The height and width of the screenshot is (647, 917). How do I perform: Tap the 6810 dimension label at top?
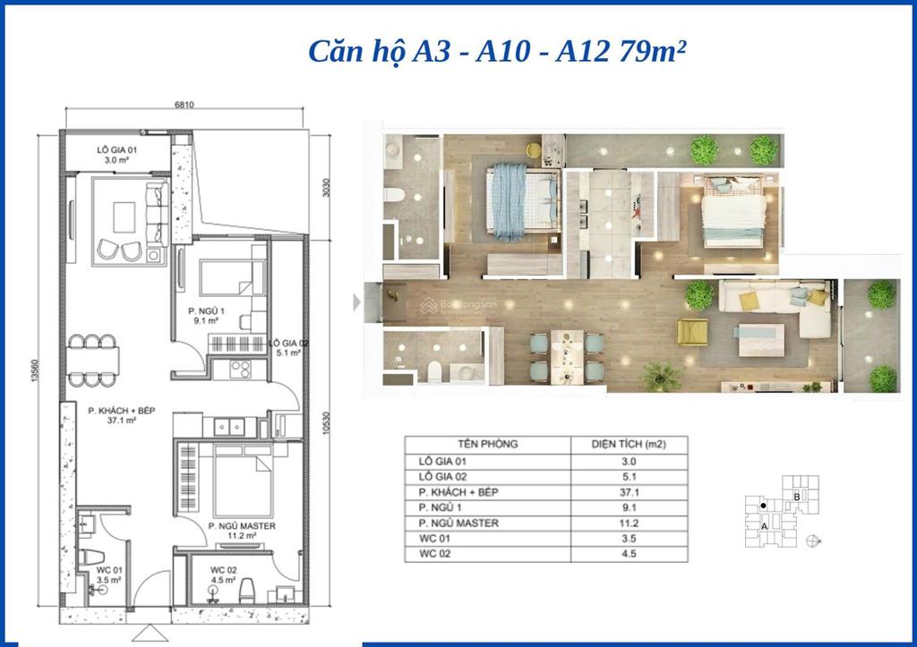(185, 104)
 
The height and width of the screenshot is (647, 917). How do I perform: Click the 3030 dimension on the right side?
(328, 185)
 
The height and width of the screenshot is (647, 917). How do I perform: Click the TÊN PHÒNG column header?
(487, 444)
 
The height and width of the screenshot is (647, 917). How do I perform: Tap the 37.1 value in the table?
(628, 492)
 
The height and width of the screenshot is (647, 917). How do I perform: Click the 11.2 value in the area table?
(628, 524)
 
